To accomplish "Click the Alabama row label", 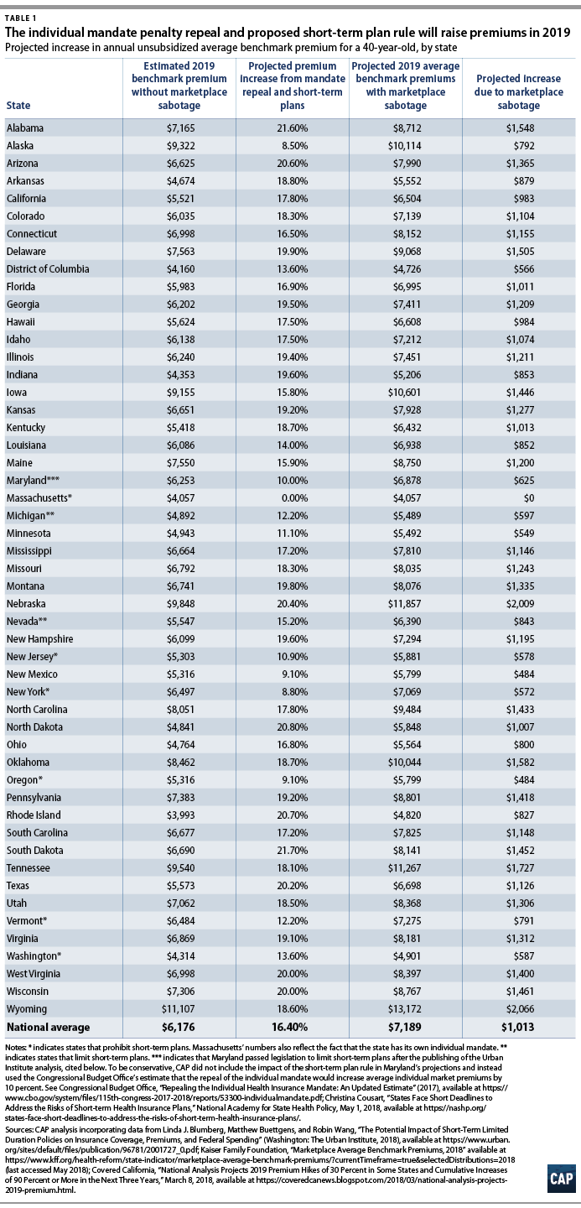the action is tap(25, 128).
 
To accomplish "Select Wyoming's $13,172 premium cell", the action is tap(405, 1009).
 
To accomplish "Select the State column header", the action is tap(18, 105).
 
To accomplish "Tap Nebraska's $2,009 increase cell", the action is tap(520, 603).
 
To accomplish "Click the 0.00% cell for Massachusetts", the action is tap(292, 497).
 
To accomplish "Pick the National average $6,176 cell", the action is tap(179, 1027).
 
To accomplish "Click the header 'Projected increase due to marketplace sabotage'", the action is tap(518, 91).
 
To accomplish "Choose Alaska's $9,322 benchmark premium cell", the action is tap(180, 146).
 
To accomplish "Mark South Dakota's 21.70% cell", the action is tap(292, 851).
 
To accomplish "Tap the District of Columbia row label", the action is tap(48, 269).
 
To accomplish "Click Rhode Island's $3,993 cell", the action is tap(180, 815).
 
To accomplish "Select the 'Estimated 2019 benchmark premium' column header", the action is tap(179, 86).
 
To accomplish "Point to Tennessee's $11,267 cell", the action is tap(405, 867).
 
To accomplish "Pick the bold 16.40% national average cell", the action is tap(292, 1027).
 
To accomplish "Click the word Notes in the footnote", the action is tap(15, 1047).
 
